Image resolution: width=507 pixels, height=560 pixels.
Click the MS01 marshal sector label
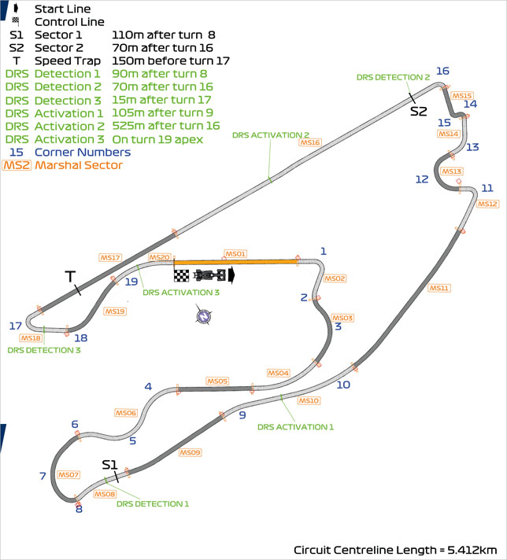click(235, 254)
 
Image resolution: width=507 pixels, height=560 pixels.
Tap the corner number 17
click(15, 326)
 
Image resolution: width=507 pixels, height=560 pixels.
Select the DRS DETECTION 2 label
click(393, 77)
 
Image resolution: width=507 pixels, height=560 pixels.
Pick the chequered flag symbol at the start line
click(182, 274)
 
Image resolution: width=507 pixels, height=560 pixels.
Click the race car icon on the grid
click(209, 274)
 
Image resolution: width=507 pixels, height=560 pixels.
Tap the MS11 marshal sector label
click(439, 288)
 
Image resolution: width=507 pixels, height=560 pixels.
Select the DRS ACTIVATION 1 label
click(296, 426)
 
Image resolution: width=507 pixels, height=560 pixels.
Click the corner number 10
click(343, 385)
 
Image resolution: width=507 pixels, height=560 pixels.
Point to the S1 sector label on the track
click(110, 464)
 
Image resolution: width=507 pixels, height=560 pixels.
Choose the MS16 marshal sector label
click(310, 142)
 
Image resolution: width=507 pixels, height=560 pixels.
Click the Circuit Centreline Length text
click(395, 549)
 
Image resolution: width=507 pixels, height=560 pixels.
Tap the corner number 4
click(147, 386)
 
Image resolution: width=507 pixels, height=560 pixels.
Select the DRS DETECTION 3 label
click(44, 350)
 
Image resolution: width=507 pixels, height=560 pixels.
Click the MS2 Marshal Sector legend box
click(17, 165)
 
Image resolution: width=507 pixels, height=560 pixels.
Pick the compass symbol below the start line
click(204, 316)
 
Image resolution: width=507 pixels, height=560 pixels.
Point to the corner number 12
click(422, 179)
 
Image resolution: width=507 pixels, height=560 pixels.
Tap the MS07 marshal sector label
click(68, 475)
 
